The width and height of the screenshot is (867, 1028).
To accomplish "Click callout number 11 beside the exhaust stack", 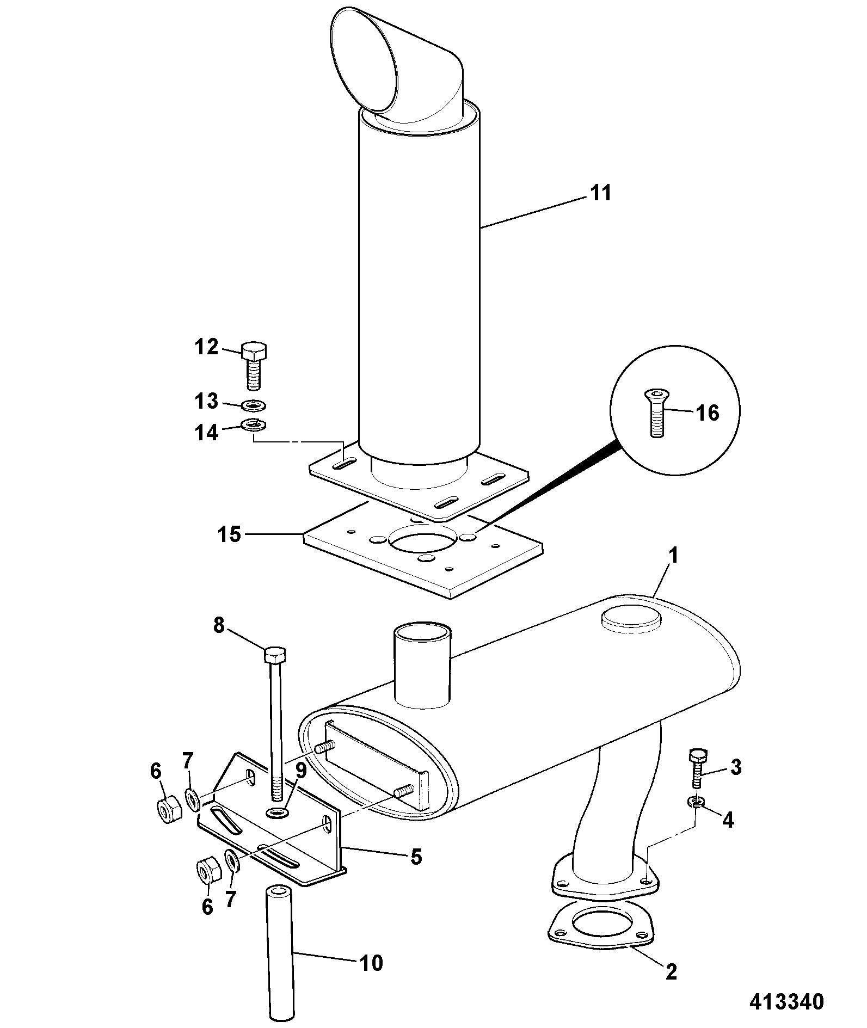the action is click(601, 193).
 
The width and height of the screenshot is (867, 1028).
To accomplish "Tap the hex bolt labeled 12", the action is click(253, 366).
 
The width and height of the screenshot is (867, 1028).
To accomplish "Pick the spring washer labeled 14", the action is click(253, 424).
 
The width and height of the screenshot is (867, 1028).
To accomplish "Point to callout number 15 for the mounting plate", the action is click(229, 534).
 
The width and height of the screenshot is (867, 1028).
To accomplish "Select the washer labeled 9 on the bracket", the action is click(278, 814).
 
